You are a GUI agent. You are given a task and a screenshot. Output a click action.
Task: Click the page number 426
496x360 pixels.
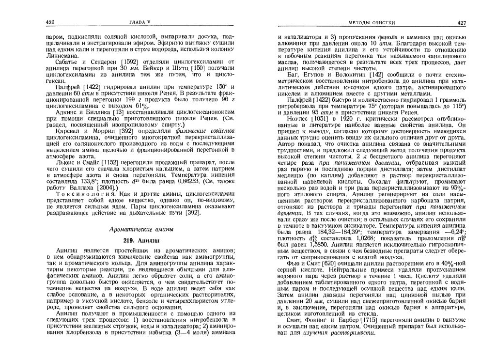(x=49, y=22)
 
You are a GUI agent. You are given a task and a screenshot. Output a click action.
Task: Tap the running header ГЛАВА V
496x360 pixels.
(x=140, y=22)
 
